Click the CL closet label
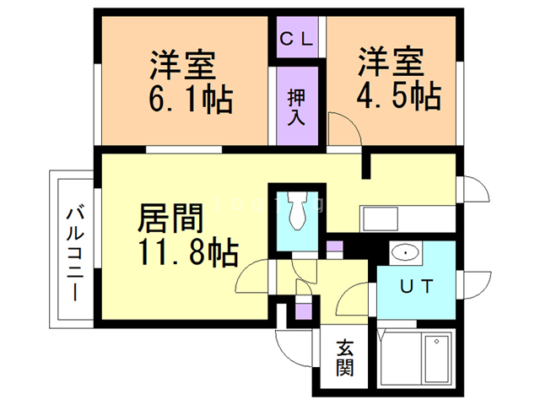(297, 38)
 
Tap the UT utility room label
(417, 287)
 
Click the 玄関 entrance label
(346, 358)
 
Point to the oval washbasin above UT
(405, 252)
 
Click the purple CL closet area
(297, 38)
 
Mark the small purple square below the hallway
(302, 313)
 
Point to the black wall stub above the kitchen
(366, 165)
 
